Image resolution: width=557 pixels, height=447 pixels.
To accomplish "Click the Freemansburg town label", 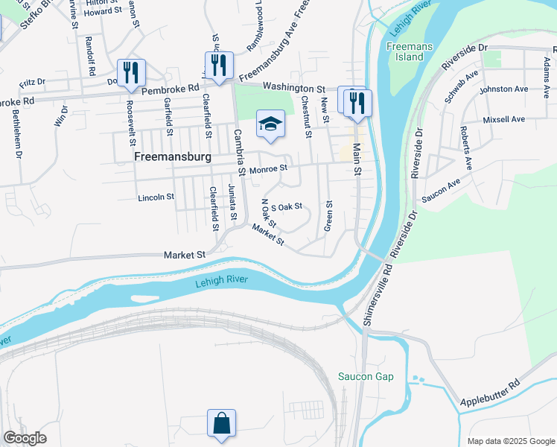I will coord(174,158).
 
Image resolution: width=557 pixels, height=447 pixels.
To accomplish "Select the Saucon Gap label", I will coord(365,376).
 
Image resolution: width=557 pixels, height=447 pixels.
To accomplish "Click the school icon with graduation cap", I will coord(270,124).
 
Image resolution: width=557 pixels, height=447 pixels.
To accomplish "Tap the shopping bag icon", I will coord(221,423).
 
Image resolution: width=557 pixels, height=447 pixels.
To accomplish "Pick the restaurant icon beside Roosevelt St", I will coord(131,72).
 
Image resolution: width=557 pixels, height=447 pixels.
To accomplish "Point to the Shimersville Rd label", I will coord(381,294).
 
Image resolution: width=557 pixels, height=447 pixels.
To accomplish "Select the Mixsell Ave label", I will coord(503,119).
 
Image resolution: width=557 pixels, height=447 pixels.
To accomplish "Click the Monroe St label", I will coord(268,170).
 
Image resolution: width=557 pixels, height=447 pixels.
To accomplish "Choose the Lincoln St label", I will coord(156,197).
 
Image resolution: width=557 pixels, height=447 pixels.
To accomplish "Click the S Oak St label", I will coord(286,206).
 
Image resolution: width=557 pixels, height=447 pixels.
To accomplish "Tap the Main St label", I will coord(357,160).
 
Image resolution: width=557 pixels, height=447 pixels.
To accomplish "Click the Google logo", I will coord(25,438).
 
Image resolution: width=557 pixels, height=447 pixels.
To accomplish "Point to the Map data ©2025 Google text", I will coord(510,441).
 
